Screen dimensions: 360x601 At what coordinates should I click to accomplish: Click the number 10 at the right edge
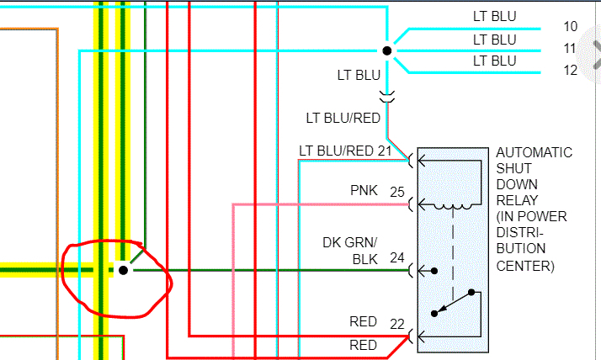click(x=571, y=26)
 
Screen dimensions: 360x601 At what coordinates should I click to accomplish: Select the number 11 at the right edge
click(x=571, y=49)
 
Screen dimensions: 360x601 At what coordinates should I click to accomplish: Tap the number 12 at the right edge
click(x=571, y=71)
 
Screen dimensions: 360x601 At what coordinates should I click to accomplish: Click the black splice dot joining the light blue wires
click(x=387, y=51)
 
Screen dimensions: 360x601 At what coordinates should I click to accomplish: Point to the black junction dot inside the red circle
click(x=124, y=270)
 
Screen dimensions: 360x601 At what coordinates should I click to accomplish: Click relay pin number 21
click(x=385, y=151)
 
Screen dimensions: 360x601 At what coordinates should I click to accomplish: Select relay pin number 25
click(x=397, y=192)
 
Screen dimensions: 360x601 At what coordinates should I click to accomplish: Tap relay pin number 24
click(x=397, y=258)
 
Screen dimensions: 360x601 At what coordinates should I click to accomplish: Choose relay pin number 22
click(x=397, y=323)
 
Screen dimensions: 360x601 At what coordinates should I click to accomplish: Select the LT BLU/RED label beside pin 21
click(x=337, y=151)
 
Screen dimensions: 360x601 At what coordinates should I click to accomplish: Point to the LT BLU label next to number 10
click(x=494, y=17)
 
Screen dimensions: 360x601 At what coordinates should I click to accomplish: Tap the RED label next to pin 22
click(x=364, y=323)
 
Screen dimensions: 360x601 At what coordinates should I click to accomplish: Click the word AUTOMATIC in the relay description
click(x=535, y=153)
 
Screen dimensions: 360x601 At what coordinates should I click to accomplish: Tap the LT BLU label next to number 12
click(x=494, y=61)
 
